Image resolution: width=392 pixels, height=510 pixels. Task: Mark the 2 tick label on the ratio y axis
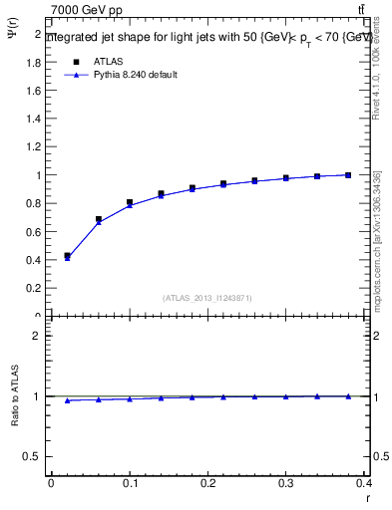(x=38, y=336)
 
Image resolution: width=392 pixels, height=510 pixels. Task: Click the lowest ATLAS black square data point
(x=67, y=256)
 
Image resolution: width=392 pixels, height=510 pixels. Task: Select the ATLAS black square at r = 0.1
(x=130, y=202)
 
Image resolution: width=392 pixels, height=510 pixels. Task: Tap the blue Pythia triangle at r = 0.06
(x=98, y=222)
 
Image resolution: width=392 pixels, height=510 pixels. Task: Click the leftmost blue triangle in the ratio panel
(x=67, y=400)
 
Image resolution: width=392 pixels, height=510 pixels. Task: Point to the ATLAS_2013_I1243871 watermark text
(x=207, y=298)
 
